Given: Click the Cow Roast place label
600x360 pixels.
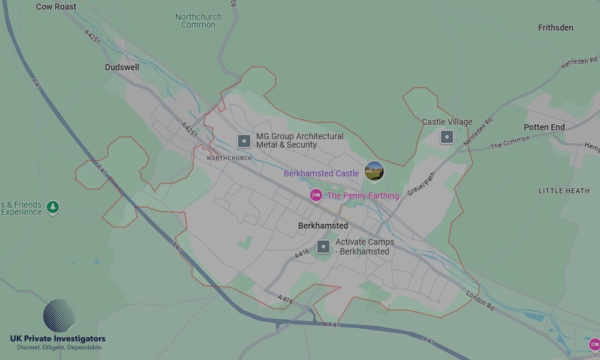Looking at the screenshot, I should pyautogui.click(x=56, y=7).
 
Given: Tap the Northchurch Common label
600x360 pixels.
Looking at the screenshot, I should pyautogui.click(x=198, y=21).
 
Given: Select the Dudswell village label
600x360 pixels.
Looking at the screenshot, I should pyautogui.click(x=122, y=67).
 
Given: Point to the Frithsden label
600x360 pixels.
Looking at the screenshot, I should pyautogui.click(x=556, y=28).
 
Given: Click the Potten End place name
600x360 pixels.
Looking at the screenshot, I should pyautogui.click(x=544, y=127).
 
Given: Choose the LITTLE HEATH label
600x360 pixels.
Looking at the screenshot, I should pyautogui.click(x=564, y=191).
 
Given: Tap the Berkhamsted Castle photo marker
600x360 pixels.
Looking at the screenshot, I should pyautogui.click(x=374, y=171).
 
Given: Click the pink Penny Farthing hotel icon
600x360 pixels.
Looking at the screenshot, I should pyautogui.click(x=316, y=195).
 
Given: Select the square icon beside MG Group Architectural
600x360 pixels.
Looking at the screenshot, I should pyautogui.click(x=244, y=141).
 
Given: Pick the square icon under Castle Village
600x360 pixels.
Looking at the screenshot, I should pyautogui.click(x=446, y=137).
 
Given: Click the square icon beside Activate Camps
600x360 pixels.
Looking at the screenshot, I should pyautogui.click(x=323, y=247).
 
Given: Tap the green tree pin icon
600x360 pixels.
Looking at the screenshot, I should pyautogui.click(x=53, y=207).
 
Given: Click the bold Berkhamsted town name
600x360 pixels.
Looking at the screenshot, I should pyautogui.click(x=323, y=226).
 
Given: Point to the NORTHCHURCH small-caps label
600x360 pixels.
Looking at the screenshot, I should pyautogui.click(x=229, y=158).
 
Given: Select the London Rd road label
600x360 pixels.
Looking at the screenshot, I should pyautogui.click(x=480, y=300).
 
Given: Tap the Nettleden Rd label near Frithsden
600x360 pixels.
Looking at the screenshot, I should pyautogui.click(x=579, y=62).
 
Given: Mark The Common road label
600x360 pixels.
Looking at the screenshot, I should pyautogui.click(x=510, y=143).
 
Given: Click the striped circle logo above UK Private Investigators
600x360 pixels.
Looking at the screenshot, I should pyautogui.click(x=59, y=316).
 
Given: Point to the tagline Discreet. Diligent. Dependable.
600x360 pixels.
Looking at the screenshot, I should pyautogui.click(x=59, y=347).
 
